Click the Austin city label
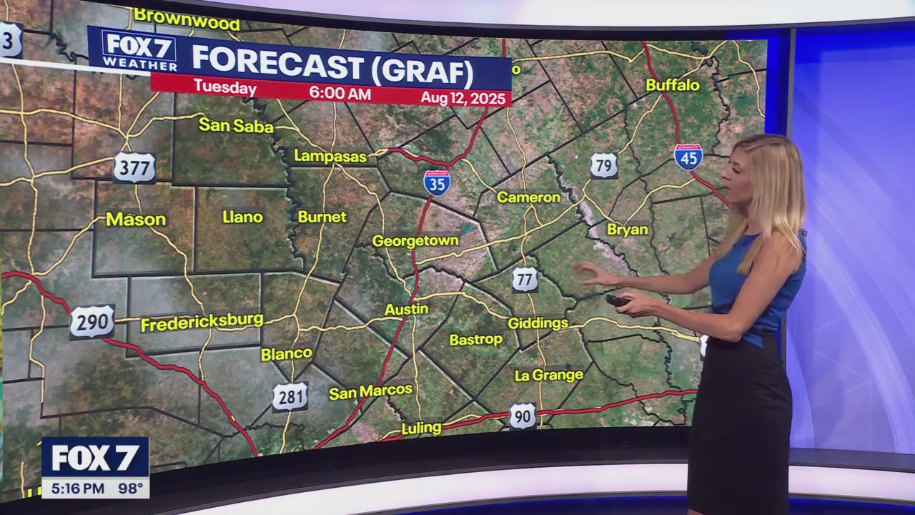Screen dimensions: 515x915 (407, 310)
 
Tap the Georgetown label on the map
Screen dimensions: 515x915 (415, 241)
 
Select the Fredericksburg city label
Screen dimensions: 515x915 (202, 322)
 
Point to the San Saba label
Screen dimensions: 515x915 (236, 126)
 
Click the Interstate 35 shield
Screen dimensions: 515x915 (437, 183)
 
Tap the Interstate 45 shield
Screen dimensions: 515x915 (688, 157)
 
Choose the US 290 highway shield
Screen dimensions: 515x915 (92, 322)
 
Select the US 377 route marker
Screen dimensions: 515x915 (134, 168)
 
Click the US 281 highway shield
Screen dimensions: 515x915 (290, 397)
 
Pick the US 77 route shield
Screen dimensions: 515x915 (525, 279)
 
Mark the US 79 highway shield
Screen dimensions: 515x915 (604, 165)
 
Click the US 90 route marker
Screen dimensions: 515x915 (523, 416)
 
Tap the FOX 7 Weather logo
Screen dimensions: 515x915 (140, 49)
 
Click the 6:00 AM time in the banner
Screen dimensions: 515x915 (340, 94)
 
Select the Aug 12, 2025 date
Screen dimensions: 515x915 (463, 98)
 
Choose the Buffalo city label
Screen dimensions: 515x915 (673, 85)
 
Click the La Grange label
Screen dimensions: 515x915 (549, 375)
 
